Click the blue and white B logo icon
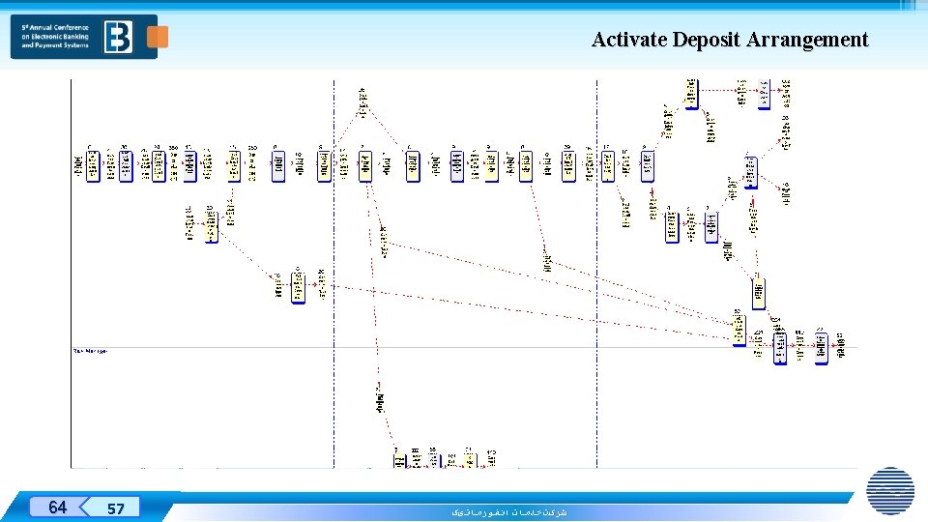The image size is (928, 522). point(120,37)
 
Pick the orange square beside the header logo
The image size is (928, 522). point(157,37)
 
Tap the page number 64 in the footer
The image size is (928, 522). point(58,507)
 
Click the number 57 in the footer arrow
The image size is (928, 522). point(116,508)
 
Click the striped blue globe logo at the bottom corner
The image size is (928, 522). point(890,490)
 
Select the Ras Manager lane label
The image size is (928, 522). point(90,351)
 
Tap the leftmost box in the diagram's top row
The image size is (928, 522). point(93,165)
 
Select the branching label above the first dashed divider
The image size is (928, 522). point(362,101)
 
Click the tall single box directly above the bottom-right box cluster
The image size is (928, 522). point(759,291)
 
